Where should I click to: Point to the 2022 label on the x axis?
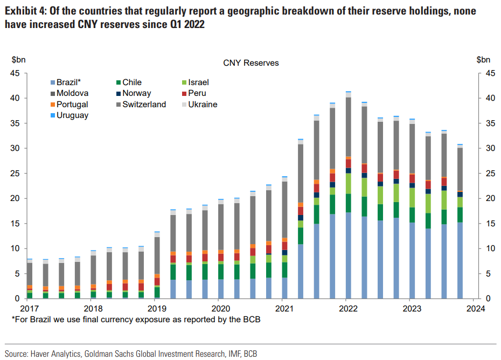(x=349, y=309)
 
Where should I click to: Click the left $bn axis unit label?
(x=19, y=60)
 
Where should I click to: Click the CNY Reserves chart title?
(x=251, y=63)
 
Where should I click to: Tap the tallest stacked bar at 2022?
(x=349, y=194)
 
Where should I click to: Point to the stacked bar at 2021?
(x=285, y=237)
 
